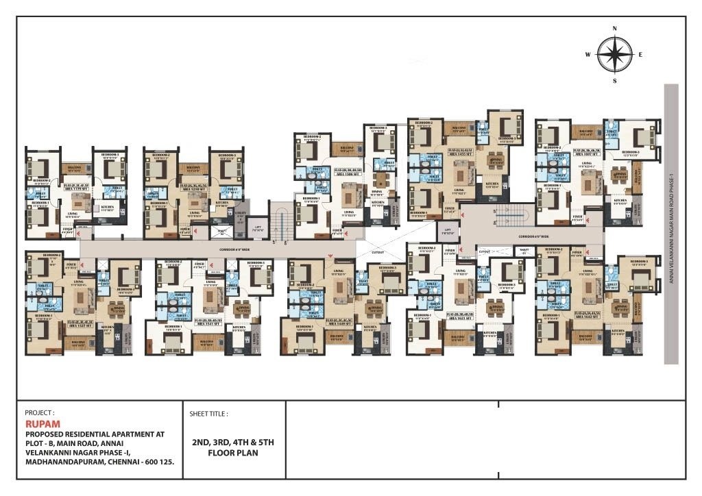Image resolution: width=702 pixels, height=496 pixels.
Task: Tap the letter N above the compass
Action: pos(615,28)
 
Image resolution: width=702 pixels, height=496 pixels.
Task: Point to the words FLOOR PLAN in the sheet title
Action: pos(233,453)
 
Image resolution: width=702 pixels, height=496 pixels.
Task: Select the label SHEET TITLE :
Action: pos(208,414)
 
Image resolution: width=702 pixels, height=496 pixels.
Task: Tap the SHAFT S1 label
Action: pos(524,251)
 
